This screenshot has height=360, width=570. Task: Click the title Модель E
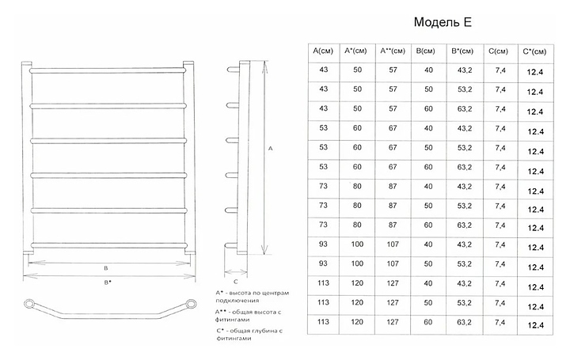coord(443,22)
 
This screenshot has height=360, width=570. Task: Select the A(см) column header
coord(322,52)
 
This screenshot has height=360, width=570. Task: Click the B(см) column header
coord(427,52)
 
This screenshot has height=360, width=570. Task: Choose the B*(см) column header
coord(462,52)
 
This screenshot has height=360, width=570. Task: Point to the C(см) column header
coord(498,52)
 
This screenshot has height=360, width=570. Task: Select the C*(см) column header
coord(534,52)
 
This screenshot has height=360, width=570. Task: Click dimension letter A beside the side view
coord(272,148)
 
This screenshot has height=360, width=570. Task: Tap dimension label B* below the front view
coord(108,282)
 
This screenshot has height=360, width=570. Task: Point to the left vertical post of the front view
coord(26,158)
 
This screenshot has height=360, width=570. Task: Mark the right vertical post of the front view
coord(190,158)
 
